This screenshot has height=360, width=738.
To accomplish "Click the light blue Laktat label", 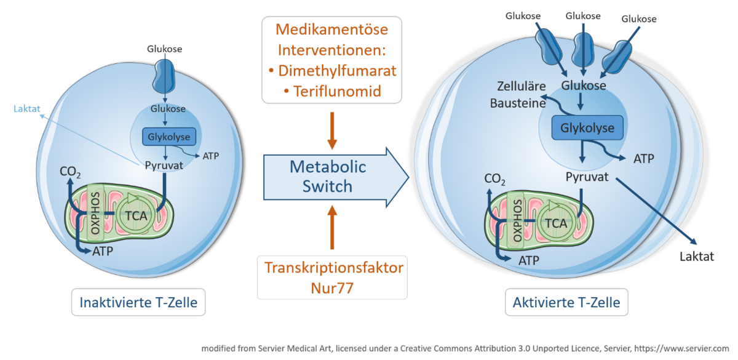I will (x=26, y=110).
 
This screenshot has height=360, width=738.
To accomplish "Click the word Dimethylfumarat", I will (x=337, y=70).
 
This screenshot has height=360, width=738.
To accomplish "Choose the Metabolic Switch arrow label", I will (x=328, y=176).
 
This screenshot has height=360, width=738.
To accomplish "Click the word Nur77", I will (x=332, y=287).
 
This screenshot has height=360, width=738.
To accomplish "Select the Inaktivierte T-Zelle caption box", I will (x=138, y=302).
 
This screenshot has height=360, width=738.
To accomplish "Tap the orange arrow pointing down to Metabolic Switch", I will (x=332, y=130).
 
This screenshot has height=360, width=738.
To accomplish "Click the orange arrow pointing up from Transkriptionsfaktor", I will (x=332, y=228).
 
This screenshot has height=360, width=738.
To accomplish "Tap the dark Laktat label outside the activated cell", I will (x=697, y=256).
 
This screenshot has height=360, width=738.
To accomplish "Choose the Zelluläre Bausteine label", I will (x=518, y=95).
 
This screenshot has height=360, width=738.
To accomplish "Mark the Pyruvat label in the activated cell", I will (x=587, y=177).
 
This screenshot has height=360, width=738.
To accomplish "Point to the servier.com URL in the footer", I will (x=694, y=348).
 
